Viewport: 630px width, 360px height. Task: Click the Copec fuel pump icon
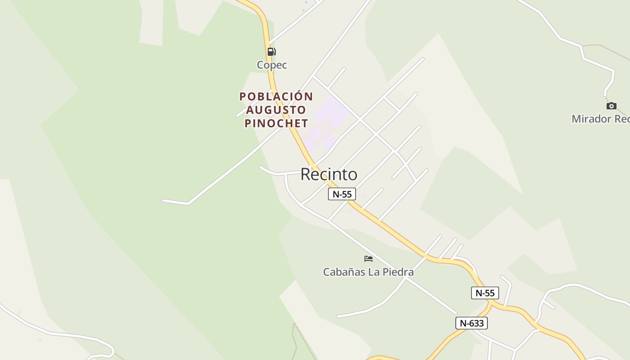pos(271,51)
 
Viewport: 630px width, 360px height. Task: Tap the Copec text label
pos(272,65)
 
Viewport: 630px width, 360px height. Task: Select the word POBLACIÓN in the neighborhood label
pos(276,97)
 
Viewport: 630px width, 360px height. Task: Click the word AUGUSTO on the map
pos(276,110)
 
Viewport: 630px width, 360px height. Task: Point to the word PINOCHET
pos(276,123)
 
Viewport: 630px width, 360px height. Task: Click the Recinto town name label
pos(329,174)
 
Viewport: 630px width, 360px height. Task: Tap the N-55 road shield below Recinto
pos(342,194)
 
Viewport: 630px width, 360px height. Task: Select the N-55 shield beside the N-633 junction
pos(485,293)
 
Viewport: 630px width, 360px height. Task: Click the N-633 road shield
pos(471,323)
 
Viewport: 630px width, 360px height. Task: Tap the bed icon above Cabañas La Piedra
pos(369,259)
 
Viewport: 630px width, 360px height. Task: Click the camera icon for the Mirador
pos(611,106)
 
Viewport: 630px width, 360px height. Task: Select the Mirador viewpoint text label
pos(600,119)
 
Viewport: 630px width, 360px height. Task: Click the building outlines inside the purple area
pos(320,130)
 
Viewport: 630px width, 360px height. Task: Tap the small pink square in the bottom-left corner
pos(40,339)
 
